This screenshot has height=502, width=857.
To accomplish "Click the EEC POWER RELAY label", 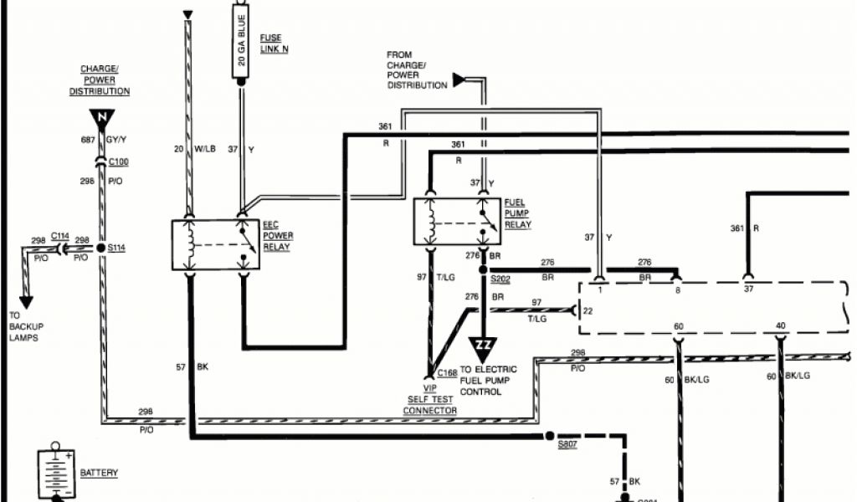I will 279,236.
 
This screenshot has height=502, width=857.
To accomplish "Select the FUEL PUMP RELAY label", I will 517,213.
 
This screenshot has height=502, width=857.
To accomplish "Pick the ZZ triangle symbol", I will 484,345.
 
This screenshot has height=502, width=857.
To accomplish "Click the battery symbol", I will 56,474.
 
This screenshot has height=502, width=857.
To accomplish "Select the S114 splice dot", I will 100,248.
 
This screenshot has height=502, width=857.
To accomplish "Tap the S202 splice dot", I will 483,269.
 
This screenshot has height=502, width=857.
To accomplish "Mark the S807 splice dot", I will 549,436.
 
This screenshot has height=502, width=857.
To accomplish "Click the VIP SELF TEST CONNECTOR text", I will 429,400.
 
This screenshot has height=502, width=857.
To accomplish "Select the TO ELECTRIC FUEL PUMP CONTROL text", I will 488,380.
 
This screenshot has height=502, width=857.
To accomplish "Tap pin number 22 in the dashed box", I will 588,311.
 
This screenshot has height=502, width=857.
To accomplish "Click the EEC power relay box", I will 215,244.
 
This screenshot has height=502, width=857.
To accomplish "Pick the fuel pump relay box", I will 456,221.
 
